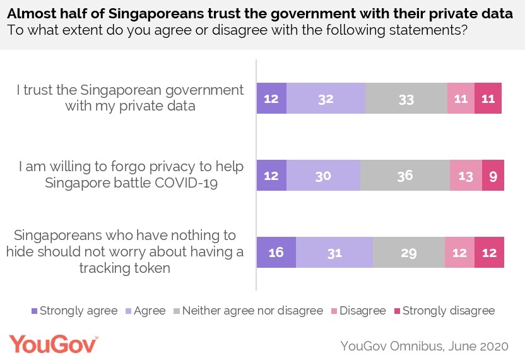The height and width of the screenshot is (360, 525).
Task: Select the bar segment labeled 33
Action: [406, 98]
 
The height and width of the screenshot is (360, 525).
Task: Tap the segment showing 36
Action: [404, 176]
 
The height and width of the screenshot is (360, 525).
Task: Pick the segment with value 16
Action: [276, 253]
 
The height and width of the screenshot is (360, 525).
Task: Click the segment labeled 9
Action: [493, 176]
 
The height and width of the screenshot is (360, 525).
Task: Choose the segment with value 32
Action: [326, 98]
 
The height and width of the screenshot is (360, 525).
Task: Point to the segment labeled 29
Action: [408, 253]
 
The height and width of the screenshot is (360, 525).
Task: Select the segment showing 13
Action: [466, 176]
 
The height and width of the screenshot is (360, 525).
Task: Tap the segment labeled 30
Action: [323, 176]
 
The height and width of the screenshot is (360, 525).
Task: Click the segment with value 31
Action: [334, 253]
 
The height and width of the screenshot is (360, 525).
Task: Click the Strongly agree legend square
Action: [34, 311]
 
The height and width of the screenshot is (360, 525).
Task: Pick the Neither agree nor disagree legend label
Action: [256, 311]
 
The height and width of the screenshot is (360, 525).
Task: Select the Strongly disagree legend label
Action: [449, 311]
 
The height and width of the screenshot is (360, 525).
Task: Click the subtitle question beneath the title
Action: [237, 30]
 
